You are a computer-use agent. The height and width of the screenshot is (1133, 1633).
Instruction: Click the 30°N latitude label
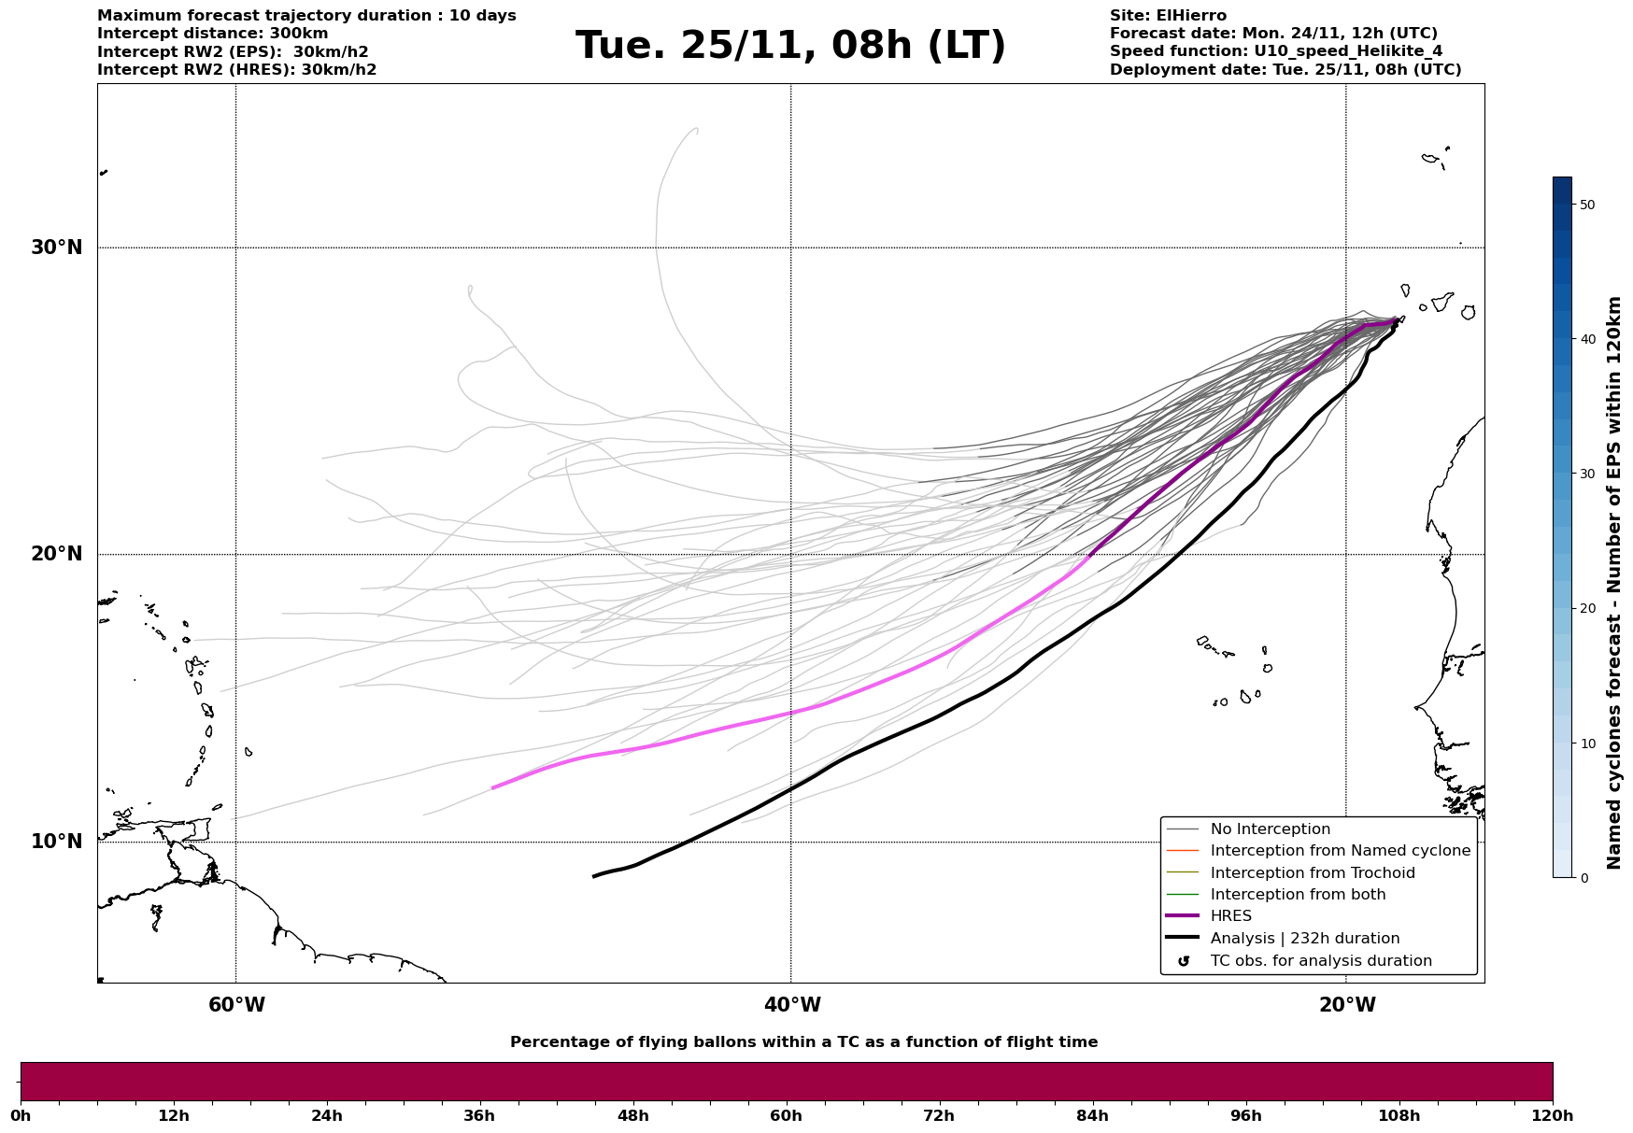(x=56, y=248)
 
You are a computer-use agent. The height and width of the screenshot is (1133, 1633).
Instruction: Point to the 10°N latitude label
(x=56, y=842)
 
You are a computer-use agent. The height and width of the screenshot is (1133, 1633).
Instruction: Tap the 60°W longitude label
(x=236, y=1005)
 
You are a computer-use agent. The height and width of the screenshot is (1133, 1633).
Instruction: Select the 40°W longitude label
(x=792, y=1005)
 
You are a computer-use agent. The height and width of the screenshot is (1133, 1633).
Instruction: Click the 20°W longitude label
(x=1347, y=1005)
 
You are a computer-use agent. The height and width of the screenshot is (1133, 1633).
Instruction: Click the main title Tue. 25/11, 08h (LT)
(x=790, y=46)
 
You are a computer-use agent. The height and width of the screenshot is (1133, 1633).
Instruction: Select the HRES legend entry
(x=1230, y=916)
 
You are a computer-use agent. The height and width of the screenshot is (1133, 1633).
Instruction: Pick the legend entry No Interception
(x=1270, y=829)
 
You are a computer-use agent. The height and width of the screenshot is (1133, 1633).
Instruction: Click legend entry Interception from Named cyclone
(x=1340, y=851)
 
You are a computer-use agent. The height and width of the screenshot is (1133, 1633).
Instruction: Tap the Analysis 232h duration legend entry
(x=1304, y=939)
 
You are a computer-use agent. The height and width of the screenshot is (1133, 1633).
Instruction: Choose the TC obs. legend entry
(x=1320, y=961)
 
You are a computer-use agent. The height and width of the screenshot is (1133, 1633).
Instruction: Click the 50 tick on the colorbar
(x=1585, y=205)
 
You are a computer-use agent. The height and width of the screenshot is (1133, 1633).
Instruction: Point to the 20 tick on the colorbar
(x=1585, y=608)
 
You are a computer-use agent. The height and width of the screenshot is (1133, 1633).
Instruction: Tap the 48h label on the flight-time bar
(x=632, y=1115)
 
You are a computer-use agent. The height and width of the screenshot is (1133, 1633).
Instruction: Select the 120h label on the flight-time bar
(x=1553, y=1115)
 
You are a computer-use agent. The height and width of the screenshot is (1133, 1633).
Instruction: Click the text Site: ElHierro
(x=1168, y=16)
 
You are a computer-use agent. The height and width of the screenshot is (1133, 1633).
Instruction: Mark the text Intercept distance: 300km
(x=212, y=34)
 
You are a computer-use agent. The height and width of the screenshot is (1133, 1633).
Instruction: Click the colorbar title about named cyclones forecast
(x=1613, y=583)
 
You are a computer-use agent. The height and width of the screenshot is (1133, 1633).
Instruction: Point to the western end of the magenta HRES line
(x=493, y=787)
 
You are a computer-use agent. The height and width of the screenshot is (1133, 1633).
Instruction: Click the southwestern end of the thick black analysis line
(x=594, y=876)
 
